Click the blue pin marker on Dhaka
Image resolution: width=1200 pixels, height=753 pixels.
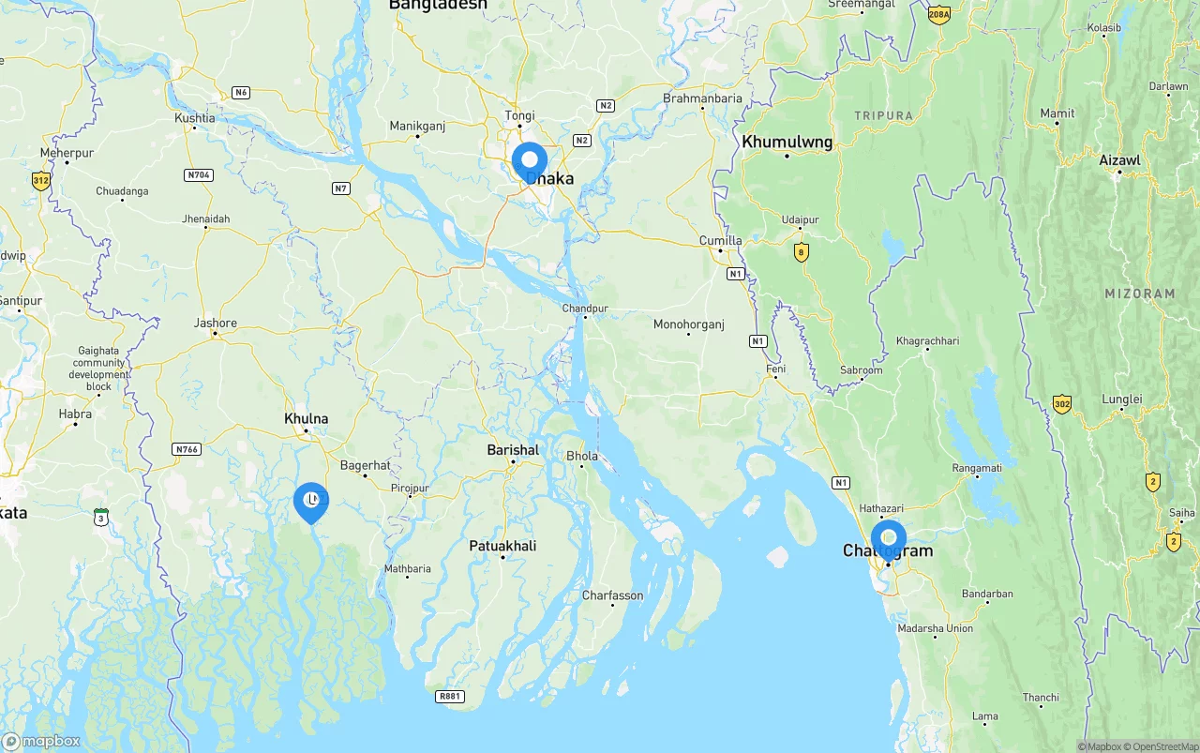click(x=530, y=161)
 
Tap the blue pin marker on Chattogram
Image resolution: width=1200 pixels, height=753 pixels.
click(x=888, y=539)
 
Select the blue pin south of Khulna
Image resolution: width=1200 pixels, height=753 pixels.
click(x=311, y=502)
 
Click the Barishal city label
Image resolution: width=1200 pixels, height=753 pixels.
click(x=513, y=450)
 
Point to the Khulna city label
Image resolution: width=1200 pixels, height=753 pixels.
click(x=307, y=419)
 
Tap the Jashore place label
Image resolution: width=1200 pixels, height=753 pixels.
click(x=216, y=324)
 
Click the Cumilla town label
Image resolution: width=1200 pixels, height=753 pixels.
click(x=721, y=241)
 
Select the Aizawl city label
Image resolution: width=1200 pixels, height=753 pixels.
click(x=1119, y=160)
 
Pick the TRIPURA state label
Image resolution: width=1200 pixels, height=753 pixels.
click(x=883, y=116)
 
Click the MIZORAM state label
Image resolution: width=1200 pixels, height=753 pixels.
click(x=1139, y=294)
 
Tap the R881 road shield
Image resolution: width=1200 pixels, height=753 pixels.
click(x=450, y=696)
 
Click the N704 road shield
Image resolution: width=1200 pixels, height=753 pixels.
click(x=199, y=174)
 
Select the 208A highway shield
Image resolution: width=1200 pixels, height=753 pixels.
click(x=938, y=14)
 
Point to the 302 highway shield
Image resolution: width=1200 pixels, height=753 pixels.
click(x=1061, y=404)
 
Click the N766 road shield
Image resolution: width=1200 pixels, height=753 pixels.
click(x=187, y=449)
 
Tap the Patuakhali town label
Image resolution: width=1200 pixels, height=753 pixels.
click(x=502, y=546)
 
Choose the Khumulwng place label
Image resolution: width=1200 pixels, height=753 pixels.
click(x=787, y=143)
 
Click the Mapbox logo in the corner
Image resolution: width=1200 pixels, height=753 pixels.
click(x=41, y=741)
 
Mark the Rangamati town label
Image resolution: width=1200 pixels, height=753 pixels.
click(x=977, y=468)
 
